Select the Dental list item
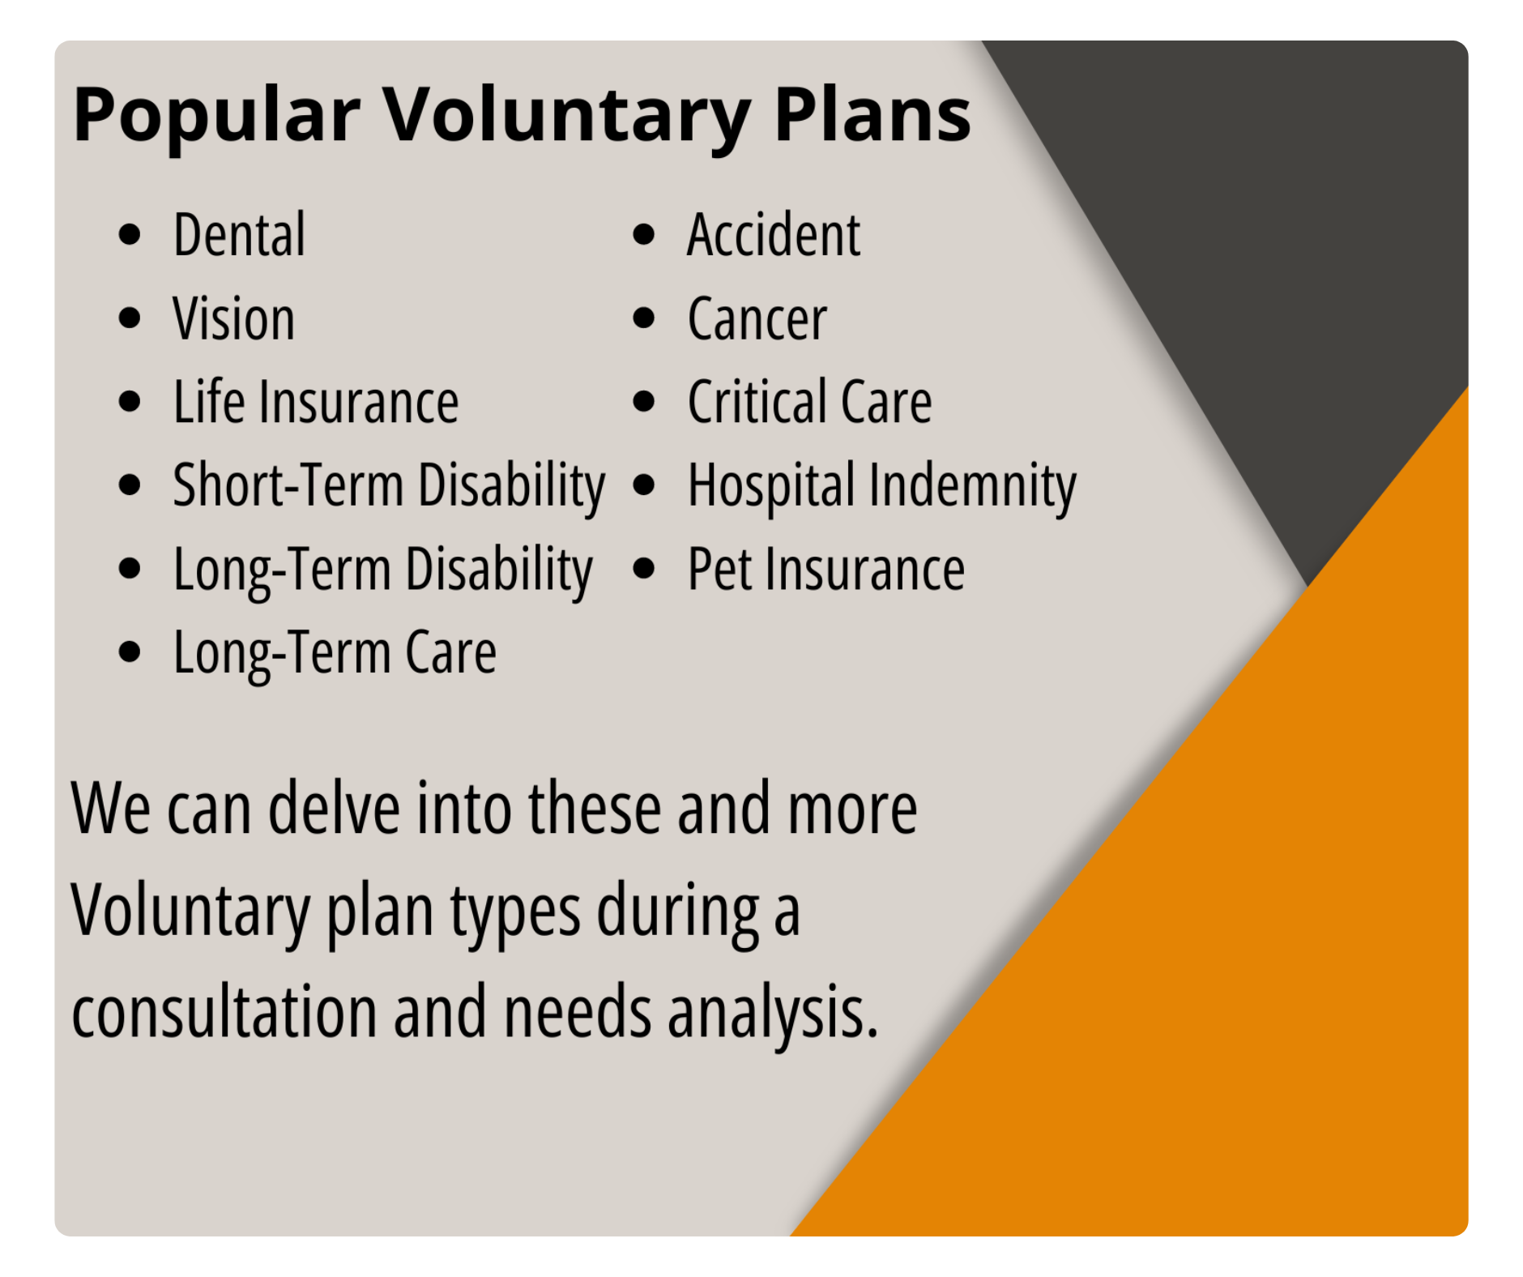pyautogui.click(x=239, y=235)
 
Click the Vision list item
pyautogui.click(x=233, y=318)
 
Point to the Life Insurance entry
pyautogui.click(x=316, y=402)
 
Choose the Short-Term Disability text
pyautogui.click(x=389, y=486)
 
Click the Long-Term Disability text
pyautogui.click(x=382, y=570)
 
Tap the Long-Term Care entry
pyautogui.click(x=335, y=653)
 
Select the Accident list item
pyautogui.click(x=773, y=235)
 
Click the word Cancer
pyautogui.click(x=757, y=318)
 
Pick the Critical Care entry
pyautogui.click(x=809, y=402)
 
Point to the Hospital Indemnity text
pyautogui.click(x=881, y=486)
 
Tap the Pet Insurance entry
pyautogui.click(x=825, y=570)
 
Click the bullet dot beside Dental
pyautogui.click(x=130, y=235)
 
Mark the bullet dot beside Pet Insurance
pyautogui.click(x=643, y=569)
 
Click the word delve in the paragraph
pyautogui.click(x=334, y=809)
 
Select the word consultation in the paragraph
pyautogui.click(x=224, y=1013)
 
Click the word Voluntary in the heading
pyautogui.click(x=565, y=115)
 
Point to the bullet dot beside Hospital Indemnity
pyautogui.click(x=643, y=485)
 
